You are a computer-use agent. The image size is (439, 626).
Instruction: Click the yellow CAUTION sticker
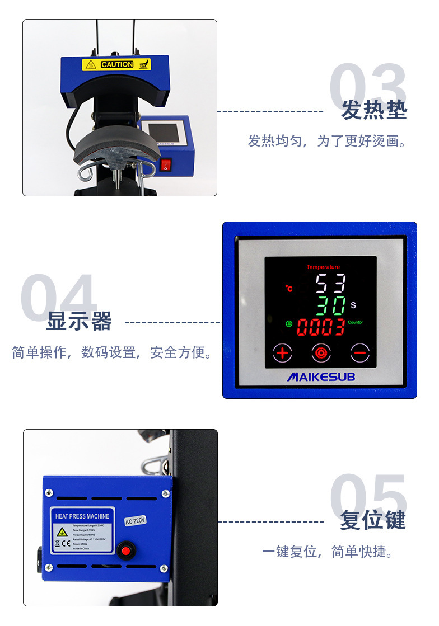(x=116, y=64)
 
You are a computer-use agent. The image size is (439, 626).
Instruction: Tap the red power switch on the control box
(x=165, y=165)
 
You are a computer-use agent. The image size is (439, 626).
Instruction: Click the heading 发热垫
(x=373, y=110)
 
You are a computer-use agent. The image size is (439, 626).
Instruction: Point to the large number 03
(x=367, y=87)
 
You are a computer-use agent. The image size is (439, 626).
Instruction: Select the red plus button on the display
(x=283, y=352)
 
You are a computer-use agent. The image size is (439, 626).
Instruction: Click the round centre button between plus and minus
(x=321, y=352)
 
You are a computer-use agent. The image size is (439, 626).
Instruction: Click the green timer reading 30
(x=331, y=306)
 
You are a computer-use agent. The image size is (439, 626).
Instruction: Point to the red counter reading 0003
(x=320, y=327)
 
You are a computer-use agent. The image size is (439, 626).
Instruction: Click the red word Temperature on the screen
(x=323, y=267)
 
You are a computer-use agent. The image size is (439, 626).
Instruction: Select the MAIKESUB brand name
(x=321, y=377)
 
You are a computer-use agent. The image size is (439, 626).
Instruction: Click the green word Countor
(x=356, y=322)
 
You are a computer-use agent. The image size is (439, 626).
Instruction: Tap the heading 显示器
(x=79, y=321)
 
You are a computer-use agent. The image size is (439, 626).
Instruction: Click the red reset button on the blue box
(x=126, y=551)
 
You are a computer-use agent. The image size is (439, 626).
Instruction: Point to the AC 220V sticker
(x=135, y=521)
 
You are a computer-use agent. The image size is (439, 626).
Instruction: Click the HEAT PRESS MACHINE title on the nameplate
(x=82, y=516)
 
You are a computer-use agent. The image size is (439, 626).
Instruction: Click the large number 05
(x=367, y=498)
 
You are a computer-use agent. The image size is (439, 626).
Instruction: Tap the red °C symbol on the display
(x=289, y=289)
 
